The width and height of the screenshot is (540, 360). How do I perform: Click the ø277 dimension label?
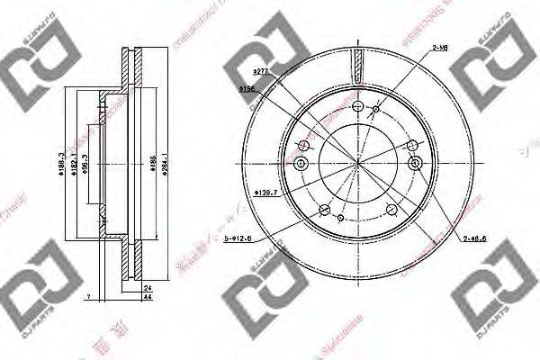[262, 69]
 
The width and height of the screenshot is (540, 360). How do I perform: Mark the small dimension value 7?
[89, 297]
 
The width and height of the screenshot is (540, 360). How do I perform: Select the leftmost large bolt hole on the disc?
[301, 163]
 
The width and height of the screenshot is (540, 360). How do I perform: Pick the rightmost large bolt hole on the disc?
[415, 163]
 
